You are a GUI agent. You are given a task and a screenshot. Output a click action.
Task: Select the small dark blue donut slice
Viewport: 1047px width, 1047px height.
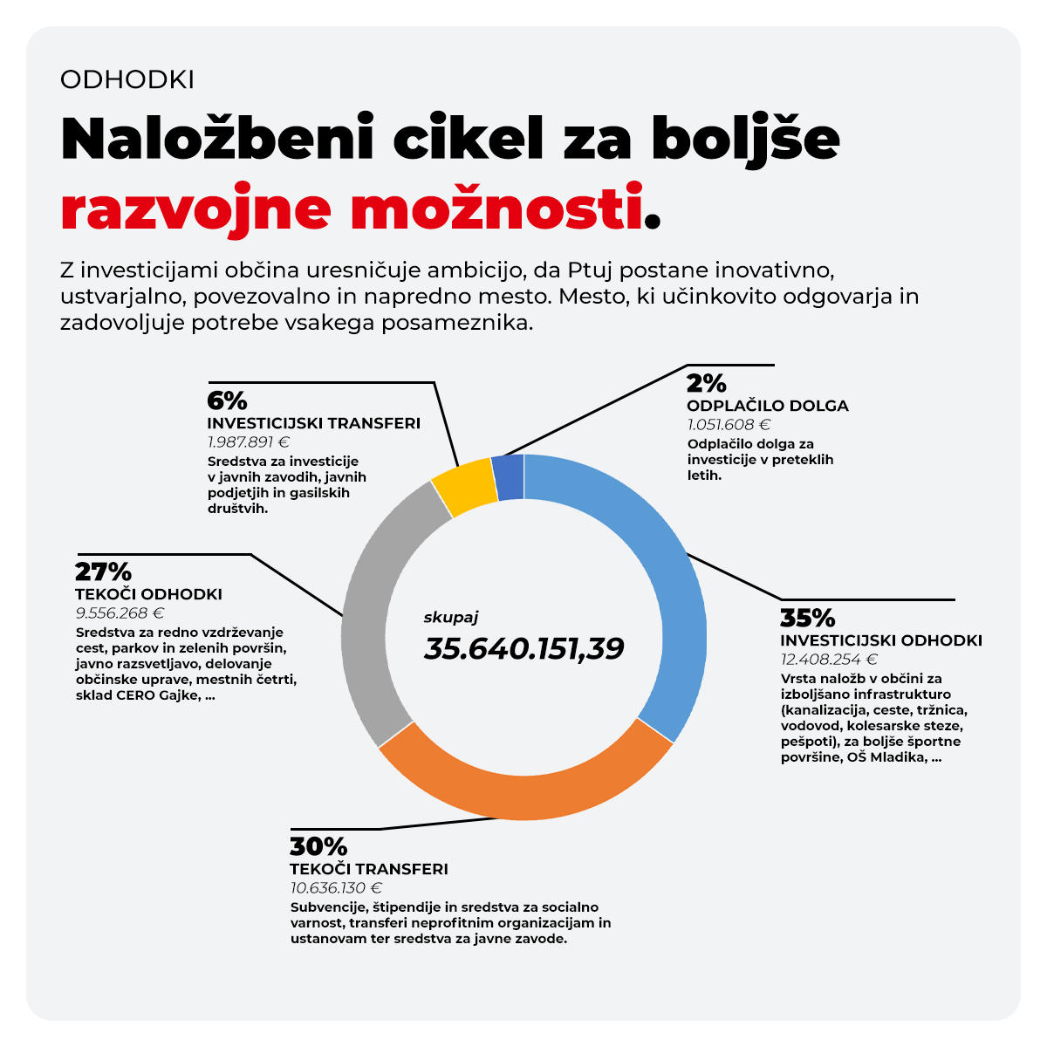(509, 478)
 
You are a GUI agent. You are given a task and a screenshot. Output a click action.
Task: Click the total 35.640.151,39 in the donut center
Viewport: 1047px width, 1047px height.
(523, 648)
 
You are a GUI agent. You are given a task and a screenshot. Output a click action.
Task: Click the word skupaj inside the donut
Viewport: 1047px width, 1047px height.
(451, 617)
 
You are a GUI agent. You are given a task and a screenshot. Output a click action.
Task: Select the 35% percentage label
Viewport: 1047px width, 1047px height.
(807, 618)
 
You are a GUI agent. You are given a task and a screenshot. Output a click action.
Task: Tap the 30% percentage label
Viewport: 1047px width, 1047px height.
(318, 846)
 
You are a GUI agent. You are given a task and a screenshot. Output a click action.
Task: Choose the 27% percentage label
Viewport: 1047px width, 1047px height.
(103, 572)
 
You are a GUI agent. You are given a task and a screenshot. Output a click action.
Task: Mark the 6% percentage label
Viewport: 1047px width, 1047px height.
(227, 400)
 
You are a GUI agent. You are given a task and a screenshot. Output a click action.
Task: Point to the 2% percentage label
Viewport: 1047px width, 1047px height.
(706, 383)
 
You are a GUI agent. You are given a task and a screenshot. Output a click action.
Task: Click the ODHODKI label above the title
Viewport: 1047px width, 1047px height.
(127, 79)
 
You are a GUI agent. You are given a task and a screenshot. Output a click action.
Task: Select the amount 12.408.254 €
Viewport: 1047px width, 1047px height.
(829, 660)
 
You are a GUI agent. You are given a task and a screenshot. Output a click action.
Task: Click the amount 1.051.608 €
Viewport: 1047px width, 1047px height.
(729, 425)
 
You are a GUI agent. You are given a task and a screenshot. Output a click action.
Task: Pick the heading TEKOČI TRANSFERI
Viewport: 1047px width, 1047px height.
(369, 869)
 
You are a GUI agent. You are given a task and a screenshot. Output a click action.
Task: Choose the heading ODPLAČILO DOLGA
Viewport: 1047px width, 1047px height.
(767, 406)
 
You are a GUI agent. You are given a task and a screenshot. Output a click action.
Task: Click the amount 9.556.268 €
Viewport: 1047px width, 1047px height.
(120, 613)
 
